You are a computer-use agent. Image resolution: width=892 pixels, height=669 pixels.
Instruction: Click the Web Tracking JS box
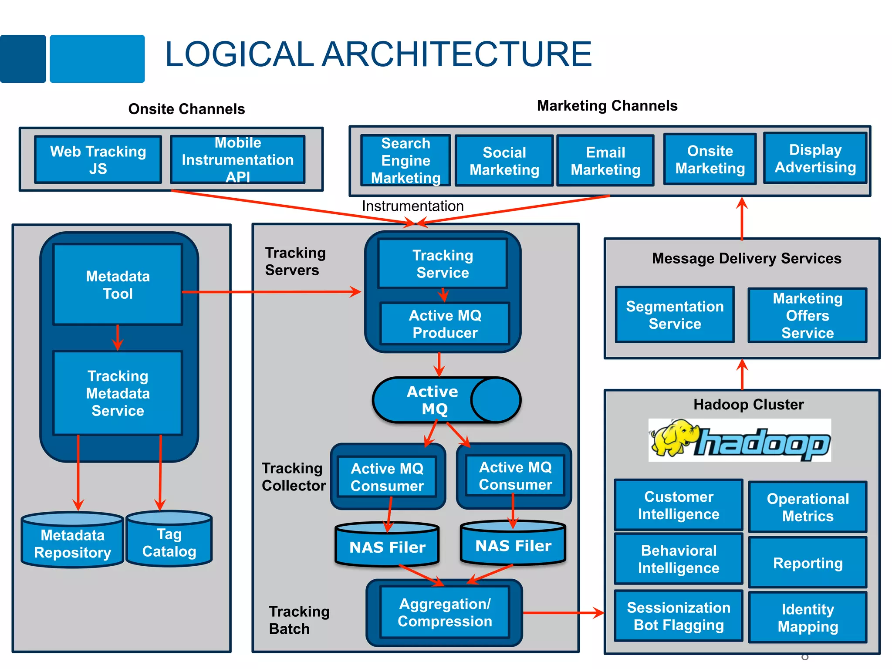click(98, 159)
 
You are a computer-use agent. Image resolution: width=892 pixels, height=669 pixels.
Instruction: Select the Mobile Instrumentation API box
click(237, 159)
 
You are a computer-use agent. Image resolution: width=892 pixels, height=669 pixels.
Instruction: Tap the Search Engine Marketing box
click(405, 160)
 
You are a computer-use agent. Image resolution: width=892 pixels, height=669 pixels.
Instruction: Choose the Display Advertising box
click(815, 159)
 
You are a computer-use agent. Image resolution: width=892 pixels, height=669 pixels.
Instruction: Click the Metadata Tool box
click(118, 284)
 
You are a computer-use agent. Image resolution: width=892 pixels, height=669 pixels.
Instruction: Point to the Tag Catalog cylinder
click(169, 542)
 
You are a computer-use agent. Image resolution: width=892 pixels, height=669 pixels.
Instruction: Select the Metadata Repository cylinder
click(72, 543)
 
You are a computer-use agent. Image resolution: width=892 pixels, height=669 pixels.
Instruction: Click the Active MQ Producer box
click(445, 324)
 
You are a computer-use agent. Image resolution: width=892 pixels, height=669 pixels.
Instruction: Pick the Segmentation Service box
click(675, 314)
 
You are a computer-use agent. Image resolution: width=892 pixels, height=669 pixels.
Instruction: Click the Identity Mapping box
click(808, 617)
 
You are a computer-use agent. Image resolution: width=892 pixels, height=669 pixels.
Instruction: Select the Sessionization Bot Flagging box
click(678, 616)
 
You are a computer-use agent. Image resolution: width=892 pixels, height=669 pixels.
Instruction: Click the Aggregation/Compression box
click(445, 612)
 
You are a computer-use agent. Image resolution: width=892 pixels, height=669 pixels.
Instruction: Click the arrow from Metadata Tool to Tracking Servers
click(270, 292)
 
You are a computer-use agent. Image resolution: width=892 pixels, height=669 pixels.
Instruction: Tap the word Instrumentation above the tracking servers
click(412, 206)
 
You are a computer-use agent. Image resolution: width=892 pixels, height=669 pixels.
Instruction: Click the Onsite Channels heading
click(186, 109)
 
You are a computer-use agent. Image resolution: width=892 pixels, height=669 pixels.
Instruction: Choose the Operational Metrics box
click(808, 507)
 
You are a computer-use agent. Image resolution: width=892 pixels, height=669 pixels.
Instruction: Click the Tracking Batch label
click(299, 620)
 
